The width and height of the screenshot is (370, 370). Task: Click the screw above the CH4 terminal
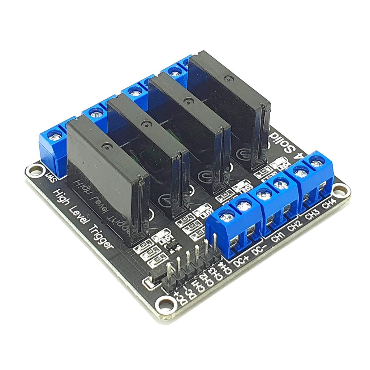coord(317,163)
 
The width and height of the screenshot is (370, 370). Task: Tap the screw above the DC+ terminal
coord(227,218)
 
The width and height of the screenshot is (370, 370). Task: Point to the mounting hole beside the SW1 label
coord(36,170)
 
